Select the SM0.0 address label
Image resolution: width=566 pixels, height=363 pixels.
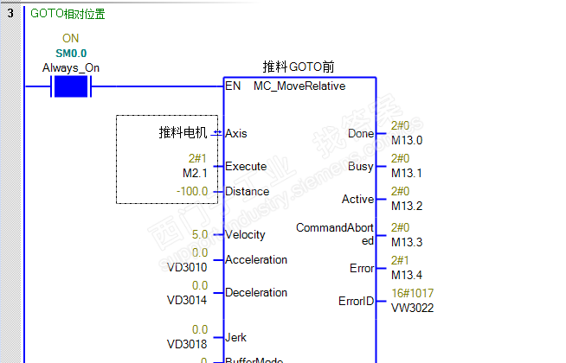coord(71,53)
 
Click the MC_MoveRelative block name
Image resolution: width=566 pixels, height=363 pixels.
coord(299,86)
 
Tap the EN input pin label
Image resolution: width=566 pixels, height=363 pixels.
coord(233,86)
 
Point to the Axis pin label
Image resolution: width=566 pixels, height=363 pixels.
coord(235,134)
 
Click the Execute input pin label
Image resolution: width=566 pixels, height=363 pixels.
coord(246,166)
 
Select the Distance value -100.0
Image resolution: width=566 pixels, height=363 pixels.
coord(192,191)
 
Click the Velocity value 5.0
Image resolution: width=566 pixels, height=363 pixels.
coord(199,234)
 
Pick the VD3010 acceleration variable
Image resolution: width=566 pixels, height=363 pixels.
coord(188,267)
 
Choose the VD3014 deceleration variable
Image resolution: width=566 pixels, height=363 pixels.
coord(188,300)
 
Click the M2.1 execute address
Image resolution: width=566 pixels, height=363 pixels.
coord(194,173)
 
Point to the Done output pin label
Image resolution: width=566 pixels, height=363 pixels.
coord(361,134)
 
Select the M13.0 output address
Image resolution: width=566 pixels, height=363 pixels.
coord(407,140)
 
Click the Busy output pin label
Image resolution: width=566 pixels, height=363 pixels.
coord(361,166)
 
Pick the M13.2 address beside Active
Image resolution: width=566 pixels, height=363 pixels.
coord(407,206)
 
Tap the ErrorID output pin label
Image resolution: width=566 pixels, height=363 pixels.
coord(356,301)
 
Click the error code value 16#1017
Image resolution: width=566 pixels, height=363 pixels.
coord(412,294)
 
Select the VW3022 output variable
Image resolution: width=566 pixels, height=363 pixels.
coord(412,308)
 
